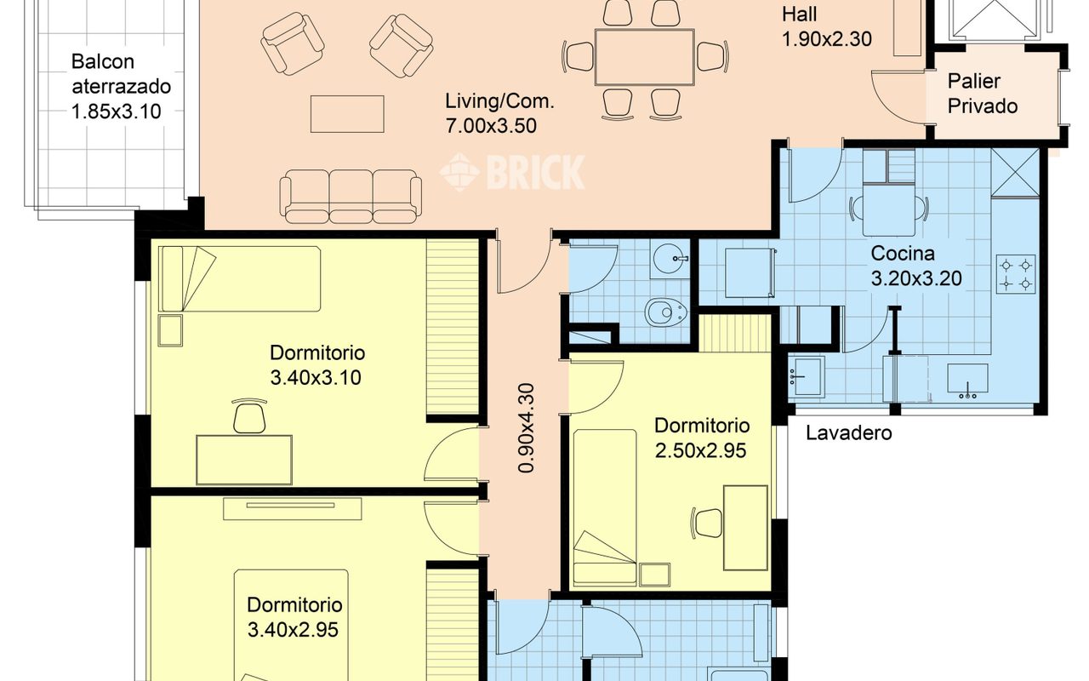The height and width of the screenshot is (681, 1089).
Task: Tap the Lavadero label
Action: [849, 433]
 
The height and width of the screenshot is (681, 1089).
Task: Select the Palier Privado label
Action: [983, 94]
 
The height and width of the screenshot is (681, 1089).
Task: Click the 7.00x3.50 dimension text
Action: [491, 125]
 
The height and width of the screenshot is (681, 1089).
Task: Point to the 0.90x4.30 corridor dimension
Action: [526, 428]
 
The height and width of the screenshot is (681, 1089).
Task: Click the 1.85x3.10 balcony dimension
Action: [117, 112]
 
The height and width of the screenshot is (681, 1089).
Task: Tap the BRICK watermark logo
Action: [512, 172]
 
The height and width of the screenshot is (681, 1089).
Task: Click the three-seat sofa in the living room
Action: [351, 197]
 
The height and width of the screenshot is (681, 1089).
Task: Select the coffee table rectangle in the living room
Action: [347, 114]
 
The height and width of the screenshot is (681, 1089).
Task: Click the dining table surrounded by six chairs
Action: [645, 57]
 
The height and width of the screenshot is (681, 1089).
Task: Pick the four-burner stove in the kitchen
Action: [1016, 274]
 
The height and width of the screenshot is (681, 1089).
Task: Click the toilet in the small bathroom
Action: [665, 312]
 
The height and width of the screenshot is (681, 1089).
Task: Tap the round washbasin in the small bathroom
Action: [670, 258]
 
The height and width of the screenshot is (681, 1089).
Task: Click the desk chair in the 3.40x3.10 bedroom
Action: [249, 416]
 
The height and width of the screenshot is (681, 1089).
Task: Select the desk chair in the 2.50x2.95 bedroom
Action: [706, 524]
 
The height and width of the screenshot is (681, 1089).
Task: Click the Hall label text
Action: [799, 14]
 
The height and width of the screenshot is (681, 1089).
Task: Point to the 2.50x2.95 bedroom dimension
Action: [700, 450]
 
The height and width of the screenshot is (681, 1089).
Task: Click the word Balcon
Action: [103, 62]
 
